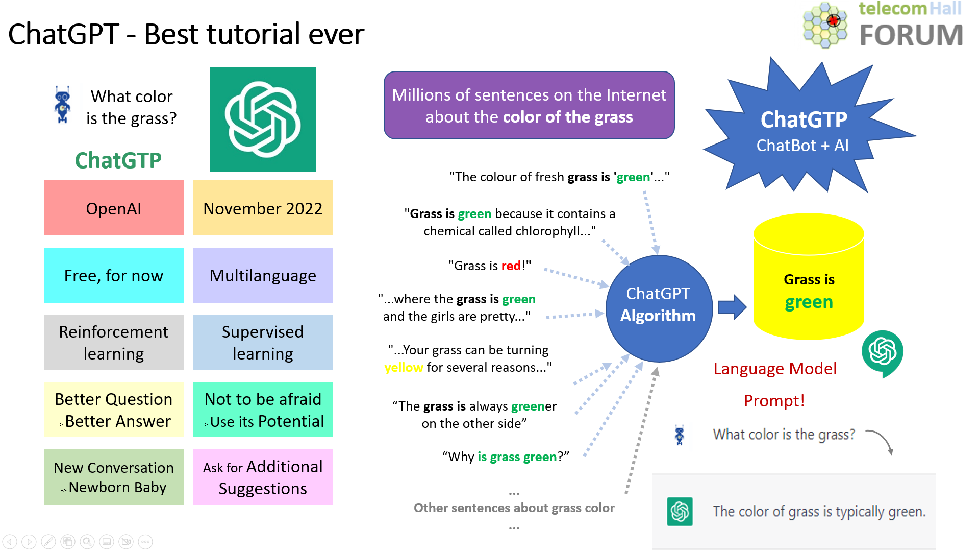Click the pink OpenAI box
click(113, 208)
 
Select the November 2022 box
click(263, 208)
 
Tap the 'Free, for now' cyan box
click(113, 275)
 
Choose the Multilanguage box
click(263, 275)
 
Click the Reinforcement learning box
click(113, 342)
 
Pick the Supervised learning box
click(263, 342)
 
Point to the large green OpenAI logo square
click(263, 119)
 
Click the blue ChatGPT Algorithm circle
click(658, 308)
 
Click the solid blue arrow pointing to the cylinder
click(732, 307)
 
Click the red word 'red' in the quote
click(511, 266)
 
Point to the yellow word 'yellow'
click(404, 368)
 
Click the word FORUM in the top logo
click(911, 35)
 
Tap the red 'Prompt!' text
click(774, 401)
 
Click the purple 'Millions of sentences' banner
click(529, 105)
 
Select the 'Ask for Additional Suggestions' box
click(263, 477)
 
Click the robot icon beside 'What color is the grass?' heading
click(63, 105)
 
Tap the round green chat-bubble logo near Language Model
click(882, 352)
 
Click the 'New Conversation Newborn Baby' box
click(113, 477)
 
